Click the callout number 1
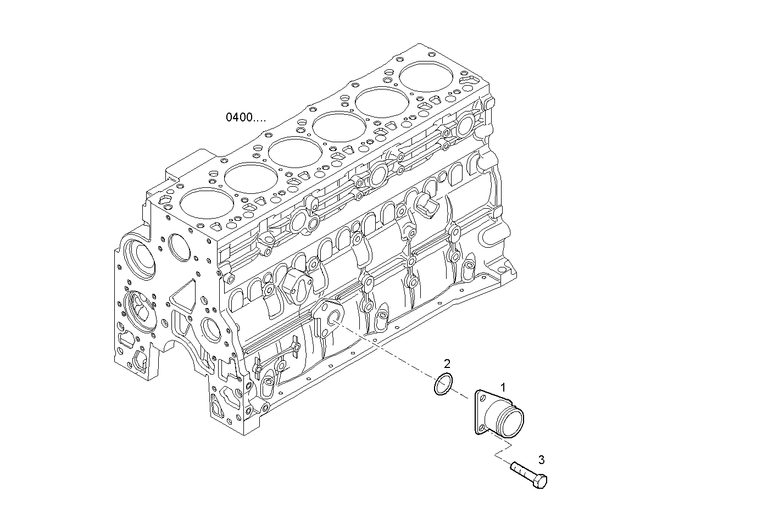tap(502, 387)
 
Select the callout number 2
tap(447, 363)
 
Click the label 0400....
tap(246, 117)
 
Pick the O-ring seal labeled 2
tap(443, 384)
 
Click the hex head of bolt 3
tap(540, 482)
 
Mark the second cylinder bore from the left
tap(251, 178)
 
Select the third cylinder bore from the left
tap(294, 153)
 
